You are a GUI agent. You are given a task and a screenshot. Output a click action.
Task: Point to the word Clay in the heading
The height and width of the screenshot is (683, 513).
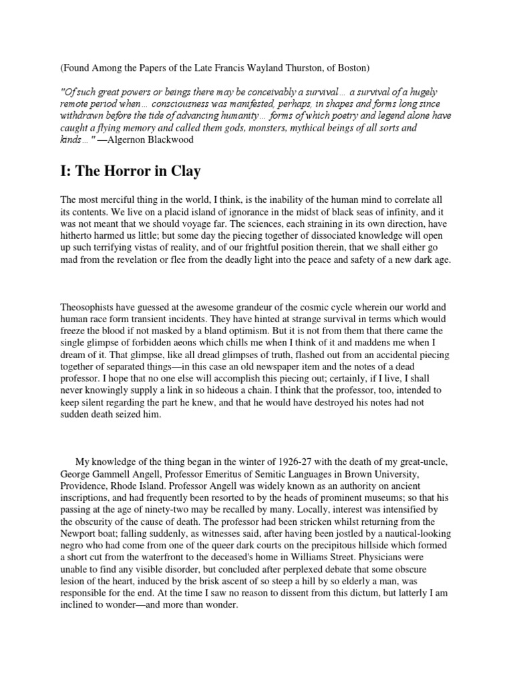pos(180,171)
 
